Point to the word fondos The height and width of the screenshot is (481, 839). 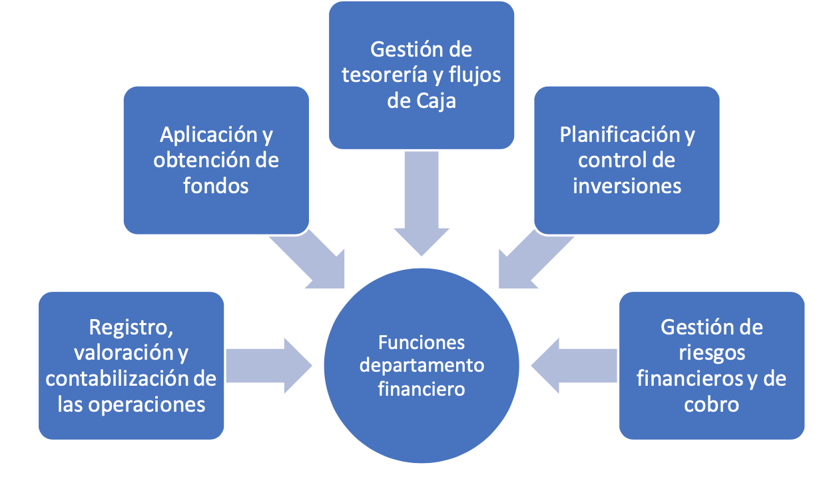216,185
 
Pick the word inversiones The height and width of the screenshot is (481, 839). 627,186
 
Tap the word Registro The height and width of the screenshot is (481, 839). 131,328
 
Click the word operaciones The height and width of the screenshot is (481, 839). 146,405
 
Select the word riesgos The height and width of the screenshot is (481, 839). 712,354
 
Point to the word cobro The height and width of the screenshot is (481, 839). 712,404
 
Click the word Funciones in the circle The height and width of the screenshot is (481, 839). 421,342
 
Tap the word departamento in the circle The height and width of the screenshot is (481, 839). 421,366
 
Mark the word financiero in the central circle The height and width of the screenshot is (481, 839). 421,388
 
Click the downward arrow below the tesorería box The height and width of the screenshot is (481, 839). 421,203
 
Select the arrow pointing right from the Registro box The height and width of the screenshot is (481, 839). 269,366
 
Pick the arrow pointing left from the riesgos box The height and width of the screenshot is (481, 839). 574,366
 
